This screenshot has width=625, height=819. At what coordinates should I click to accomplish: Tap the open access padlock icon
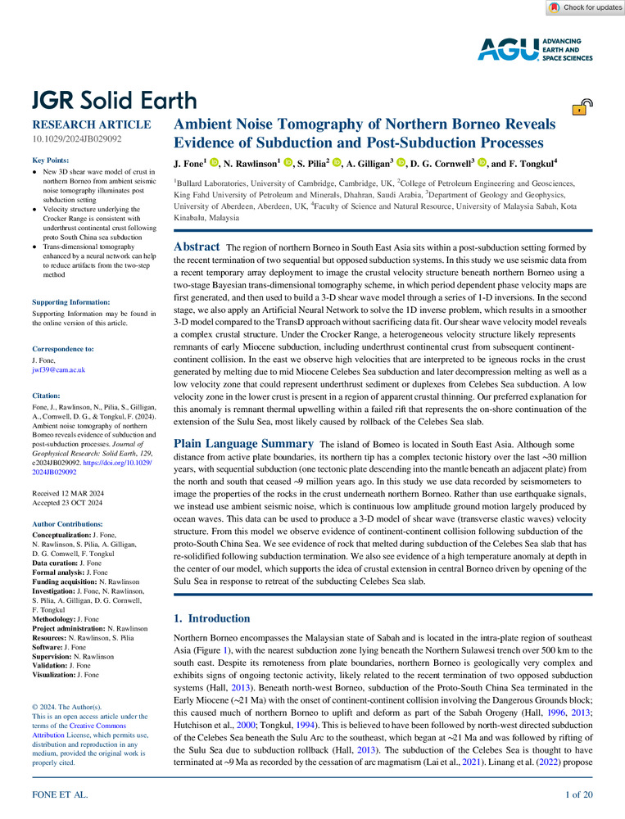[579, 106]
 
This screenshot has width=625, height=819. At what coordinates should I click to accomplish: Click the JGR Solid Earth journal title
[114, 101]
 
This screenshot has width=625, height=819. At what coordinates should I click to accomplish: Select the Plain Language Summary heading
[243, 443]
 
